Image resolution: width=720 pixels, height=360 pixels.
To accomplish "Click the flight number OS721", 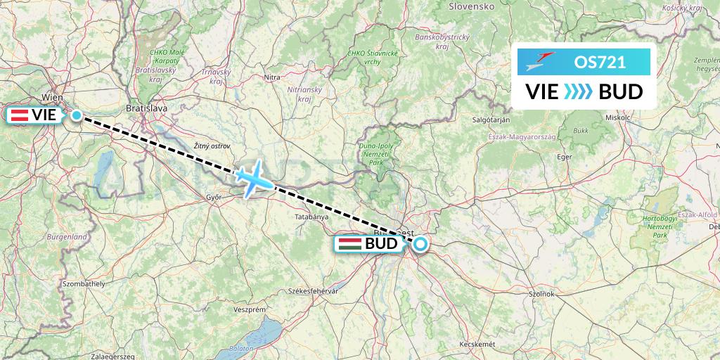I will tap(600, 62).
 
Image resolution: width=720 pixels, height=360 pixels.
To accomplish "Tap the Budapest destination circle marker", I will tap(420, 244).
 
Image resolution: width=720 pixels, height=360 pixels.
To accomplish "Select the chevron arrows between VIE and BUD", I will tap(579, 91).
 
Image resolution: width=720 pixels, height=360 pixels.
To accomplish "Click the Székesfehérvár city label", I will tap(314, 290).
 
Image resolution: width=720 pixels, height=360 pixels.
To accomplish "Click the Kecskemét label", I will tap(477, 344).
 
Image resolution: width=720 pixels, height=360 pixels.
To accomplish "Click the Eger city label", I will tap(565, 157).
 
